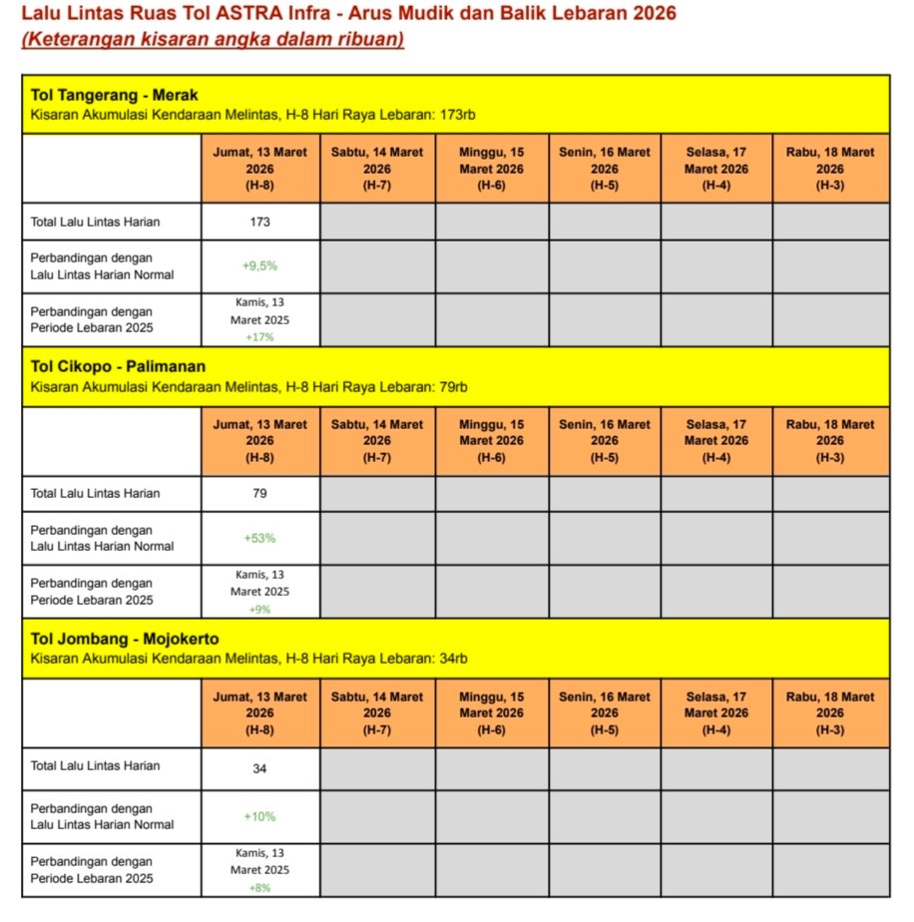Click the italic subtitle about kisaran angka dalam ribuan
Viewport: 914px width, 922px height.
click(213, 40)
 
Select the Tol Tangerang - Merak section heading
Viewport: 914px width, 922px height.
click(115, 95)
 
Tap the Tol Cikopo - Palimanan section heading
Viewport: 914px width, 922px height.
click(118, 366)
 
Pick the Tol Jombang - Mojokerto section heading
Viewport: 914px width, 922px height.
click(125, 639)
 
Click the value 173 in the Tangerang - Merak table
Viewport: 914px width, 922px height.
click(259, 222)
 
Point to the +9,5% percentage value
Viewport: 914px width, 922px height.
click(259, 266)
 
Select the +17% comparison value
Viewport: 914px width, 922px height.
click(259, 337)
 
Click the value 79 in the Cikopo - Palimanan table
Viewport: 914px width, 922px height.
click(259, 493)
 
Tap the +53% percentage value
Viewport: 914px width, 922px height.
click(259, 538)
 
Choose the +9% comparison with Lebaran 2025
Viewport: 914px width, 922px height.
click(259, 609)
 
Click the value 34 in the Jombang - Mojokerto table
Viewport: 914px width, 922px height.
click(259, 768)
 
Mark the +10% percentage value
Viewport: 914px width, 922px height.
click(259, 816)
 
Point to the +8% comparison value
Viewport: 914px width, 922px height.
click(259, 887)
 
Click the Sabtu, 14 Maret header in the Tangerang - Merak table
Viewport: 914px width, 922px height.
click(377, 168)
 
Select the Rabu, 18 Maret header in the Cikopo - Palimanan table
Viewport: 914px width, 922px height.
click(830, 440)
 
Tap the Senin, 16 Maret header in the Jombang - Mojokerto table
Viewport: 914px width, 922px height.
click(604, 712)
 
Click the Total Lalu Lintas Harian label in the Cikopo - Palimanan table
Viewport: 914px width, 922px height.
click(95, 493)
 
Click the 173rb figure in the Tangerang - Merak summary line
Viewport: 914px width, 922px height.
click(457, 115)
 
